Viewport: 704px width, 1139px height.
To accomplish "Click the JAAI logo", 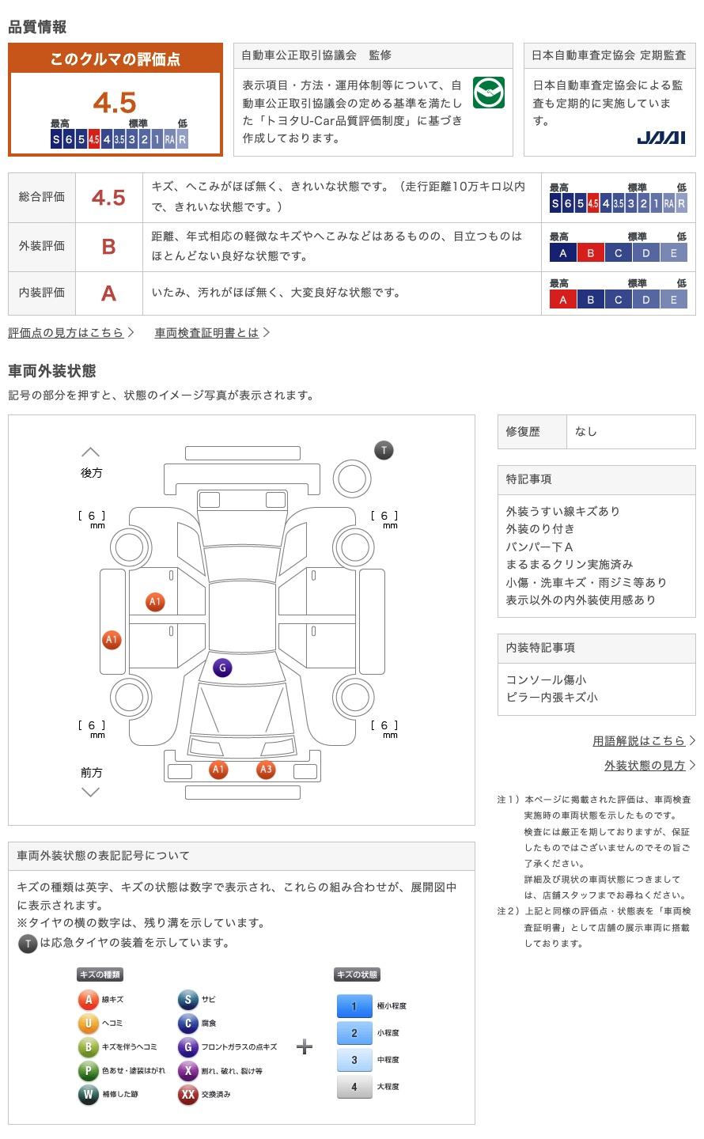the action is point(660,138).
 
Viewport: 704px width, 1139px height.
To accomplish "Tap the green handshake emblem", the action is point(488,93).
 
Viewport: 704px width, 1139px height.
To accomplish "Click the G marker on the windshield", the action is point(222,668).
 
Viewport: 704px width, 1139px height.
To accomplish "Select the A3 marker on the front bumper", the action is point(266,770).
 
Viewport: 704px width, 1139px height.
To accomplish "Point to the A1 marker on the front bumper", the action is point(218,770).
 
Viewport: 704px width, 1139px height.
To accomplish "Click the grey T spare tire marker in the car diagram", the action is point(384,450).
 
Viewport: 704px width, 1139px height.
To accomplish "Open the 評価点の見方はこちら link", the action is point(66,332).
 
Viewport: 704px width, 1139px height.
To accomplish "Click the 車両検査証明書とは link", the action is point(206,332).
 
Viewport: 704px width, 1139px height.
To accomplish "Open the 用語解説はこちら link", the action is point(638,741).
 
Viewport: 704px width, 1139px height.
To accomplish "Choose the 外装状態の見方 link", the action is point(645,766).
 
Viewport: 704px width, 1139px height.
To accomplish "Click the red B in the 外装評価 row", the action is point(108,247).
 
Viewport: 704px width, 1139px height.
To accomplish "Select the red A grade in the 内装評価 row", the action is point(108,293).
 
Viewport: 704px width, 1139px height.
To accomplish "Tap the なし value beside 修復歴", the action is point(585,432).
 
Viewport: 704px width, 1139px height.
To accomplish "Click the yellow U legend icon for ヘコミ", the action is point(88,1023).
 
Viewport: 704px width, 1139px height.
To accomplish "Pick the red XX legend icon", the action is point(187,1094).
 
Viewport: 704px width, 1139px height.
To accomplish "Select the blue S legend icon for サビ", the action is point(187,999).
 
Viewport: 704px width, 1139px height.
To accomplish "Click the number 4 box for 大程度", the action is point(354,1087).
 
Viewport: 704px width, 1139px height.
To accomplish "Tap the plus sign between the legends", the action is point(305,1046).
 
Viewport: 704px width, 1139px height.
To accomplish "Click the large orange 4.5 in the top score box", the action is point(115,103).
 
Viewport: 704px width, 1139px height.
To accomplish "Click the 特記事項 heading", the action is point(528,479).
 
